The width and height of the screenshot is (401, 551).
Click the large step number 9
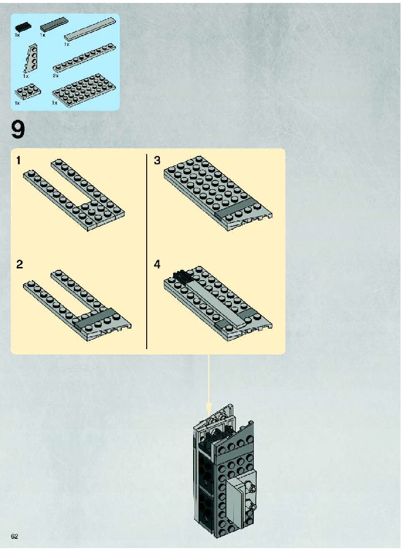18,130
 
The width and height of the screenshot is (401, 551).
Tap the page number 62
14,536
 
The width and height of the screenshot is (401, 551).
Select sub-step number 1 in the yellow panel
19,160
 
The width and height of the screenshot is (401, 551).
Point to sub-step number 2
20,264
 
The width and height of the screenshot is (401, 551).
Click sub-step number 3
157,160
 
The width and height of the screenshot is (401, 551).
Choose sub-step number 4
157,264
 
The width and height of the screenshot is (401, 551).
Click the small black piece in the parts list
22,27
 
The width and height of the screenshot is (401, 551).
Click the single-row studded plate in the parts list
84,58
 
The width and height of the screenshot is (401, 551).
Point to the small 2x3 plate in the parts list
27,91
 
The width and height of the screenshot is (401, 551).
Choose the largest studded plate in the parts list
84,89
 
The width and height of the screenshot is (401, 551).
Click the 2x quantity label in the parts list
55,76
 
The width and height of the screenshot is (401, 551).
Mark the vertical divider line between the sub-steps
147,251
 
